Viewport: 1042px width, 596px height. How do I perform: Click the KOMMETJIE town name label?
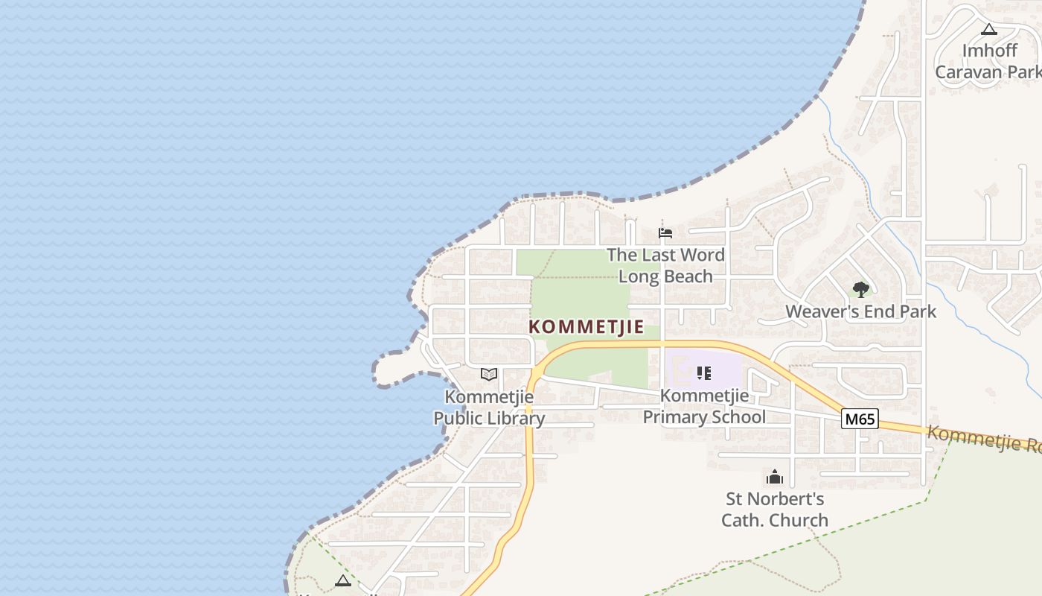click(586, 327)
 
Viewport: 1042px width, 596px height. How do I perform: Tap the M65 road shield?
click(860, 419)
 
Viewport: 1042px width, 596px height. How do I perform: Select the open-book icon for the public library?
click(488, 374)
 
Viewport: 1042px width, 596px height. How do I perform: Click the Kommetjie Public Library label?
click(489, 408)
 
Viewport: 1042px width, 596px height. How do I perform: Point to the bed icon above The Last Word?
click(665, 233)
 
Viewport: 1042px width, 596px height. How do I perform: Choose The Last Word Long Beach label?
click(665, 265)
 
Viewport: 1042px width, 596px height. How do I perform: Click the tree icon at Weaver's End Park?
click(861, 289)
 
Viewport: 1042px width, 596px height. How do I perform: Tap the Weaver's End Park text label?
click(860, 311)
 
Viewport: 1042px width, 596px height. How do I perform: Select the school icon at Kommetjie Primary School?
click(703, 372)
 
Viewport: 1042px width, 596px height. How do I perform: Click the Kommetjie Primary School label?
click(703, 406)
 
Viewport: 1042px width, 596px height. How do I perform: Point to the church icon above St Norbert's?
click(775, 477)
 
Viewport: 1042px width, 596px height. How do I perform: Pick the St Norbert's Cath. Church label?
click(775, 510)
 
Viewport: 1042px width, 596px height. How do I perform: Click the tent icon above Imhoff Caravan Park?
click(988, 30)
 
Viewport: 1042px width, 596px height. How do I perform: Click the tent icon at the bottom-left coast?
click(343, 580)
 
